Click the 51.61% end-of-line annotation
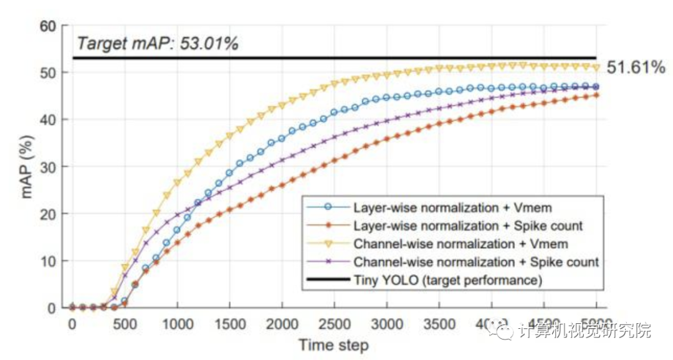pyautogui.click(x=636, y=67)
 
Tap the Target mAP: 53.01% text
pyautogui.click(x=158, y=44)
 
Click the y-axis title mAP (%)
pyautogui.click(x=29, y=167)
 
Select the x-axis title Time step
pyautogui.click(x=333, y=345)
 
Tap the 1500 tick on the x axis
pyautogui.click(x=229, y=324)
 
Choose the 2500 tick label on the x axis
pyautogui.click(x=334, y=324)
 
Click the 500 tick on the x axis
pyautogui.click(x=125, y=324)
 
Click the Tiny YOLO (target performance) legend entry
pyautogui.click(x=447, y=280)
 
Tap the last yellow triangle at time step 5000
pyautogui.click(x=596, y=67)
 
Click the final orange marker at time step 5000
pyautogui.click(x=596, y=95)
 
